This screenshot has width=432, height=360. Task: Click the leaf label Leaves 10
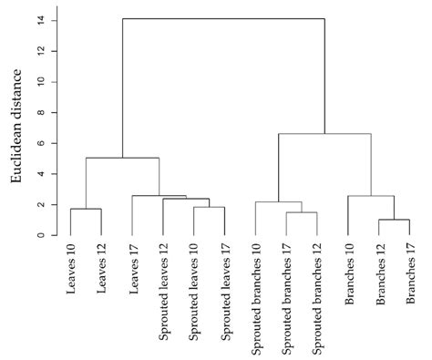click(71, 269)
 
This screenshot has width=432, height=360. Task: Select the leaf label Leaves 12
click(101, 269)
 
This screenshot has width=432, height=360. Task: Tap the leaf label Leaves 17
click(132, 269)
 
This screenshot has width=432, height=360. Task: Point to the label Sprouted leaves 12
click(163, 288)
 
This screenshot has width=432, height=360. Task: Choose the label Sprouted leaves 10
click(194, 288)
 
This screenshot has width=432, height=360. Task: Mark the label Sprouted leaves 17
click(224, 288)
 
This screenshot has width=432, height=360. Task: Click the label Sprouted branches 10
click(255, 296)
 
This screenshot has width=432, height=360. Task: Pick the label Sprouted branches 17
click(286, 296)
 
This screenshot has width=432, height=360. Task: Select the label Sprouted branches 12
click(317, 296)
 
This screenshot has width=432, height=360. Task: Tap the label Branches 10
click(347, 273)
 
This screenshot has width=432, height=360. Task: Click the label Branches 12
click(378, 273)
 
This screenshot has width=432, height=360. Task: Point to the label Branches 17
click(409, 273)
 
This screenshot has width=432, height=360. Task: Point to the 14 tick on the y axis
click(39, 20)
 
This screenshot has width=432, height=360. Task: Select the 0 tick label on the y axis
click(39, 235)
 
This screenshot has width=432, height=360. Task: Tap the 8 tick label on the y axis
click(39, 112)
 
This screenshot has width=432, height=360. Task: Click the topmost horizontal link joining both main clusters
click(223, 18)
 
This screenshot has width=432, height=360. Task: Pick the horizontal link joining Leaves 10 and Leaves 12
click(86, 209)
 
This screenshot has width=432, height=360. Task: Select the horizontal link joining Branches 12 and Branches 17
click(394, 220)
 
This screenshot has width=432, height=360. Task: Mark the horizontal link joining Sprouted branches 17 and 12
click(302, 212)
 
